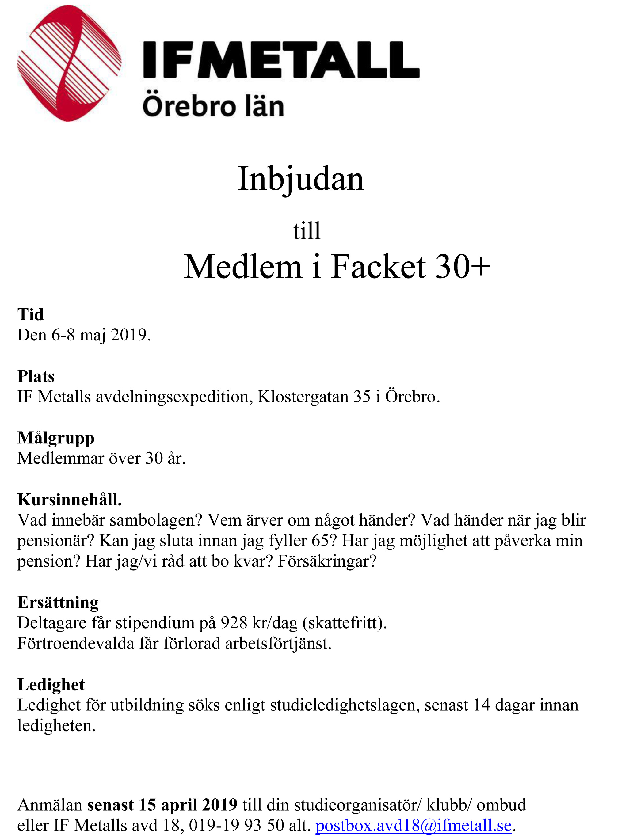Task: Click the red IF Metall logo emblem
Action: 69,63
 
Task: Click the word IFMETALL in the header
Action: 281,60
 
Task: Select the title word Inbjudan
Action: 301,179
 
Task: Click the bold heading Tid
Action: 30,314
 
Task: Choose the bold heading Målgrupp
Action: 56,438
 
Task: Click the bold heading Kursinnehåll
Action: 70,500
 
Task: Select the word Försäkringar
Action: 327,561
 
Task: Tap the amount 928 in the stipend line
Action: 235,623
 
